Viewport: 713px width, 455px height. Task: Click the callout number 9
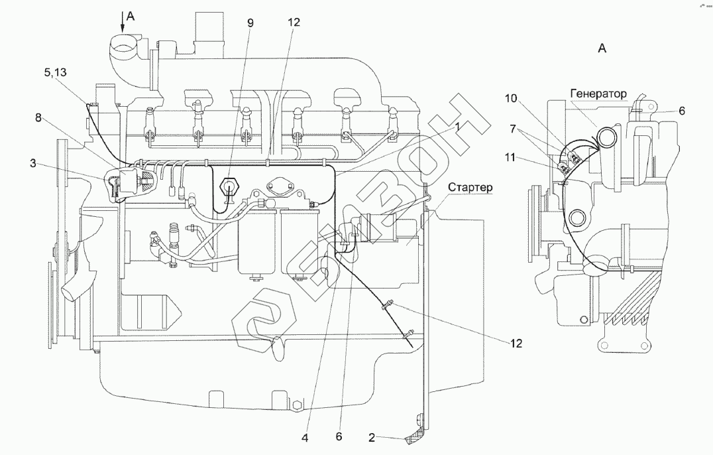pos(250,21)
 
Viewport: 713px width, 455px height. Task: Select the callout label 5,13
pos(55,74)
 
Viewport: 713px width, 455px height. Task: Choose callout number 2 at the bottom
pos(372,438)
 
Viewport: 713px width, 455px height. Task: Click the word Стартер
pos(470,188)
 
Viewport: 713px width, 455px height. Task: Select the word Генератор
pos(596,94)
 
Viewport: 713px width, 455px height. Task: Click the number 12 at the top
pos(294,21)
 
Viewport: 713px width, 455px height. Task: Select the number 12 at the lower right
pos(516,344)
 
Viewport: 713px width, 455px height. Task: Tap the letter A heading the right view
pos(602,48)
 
